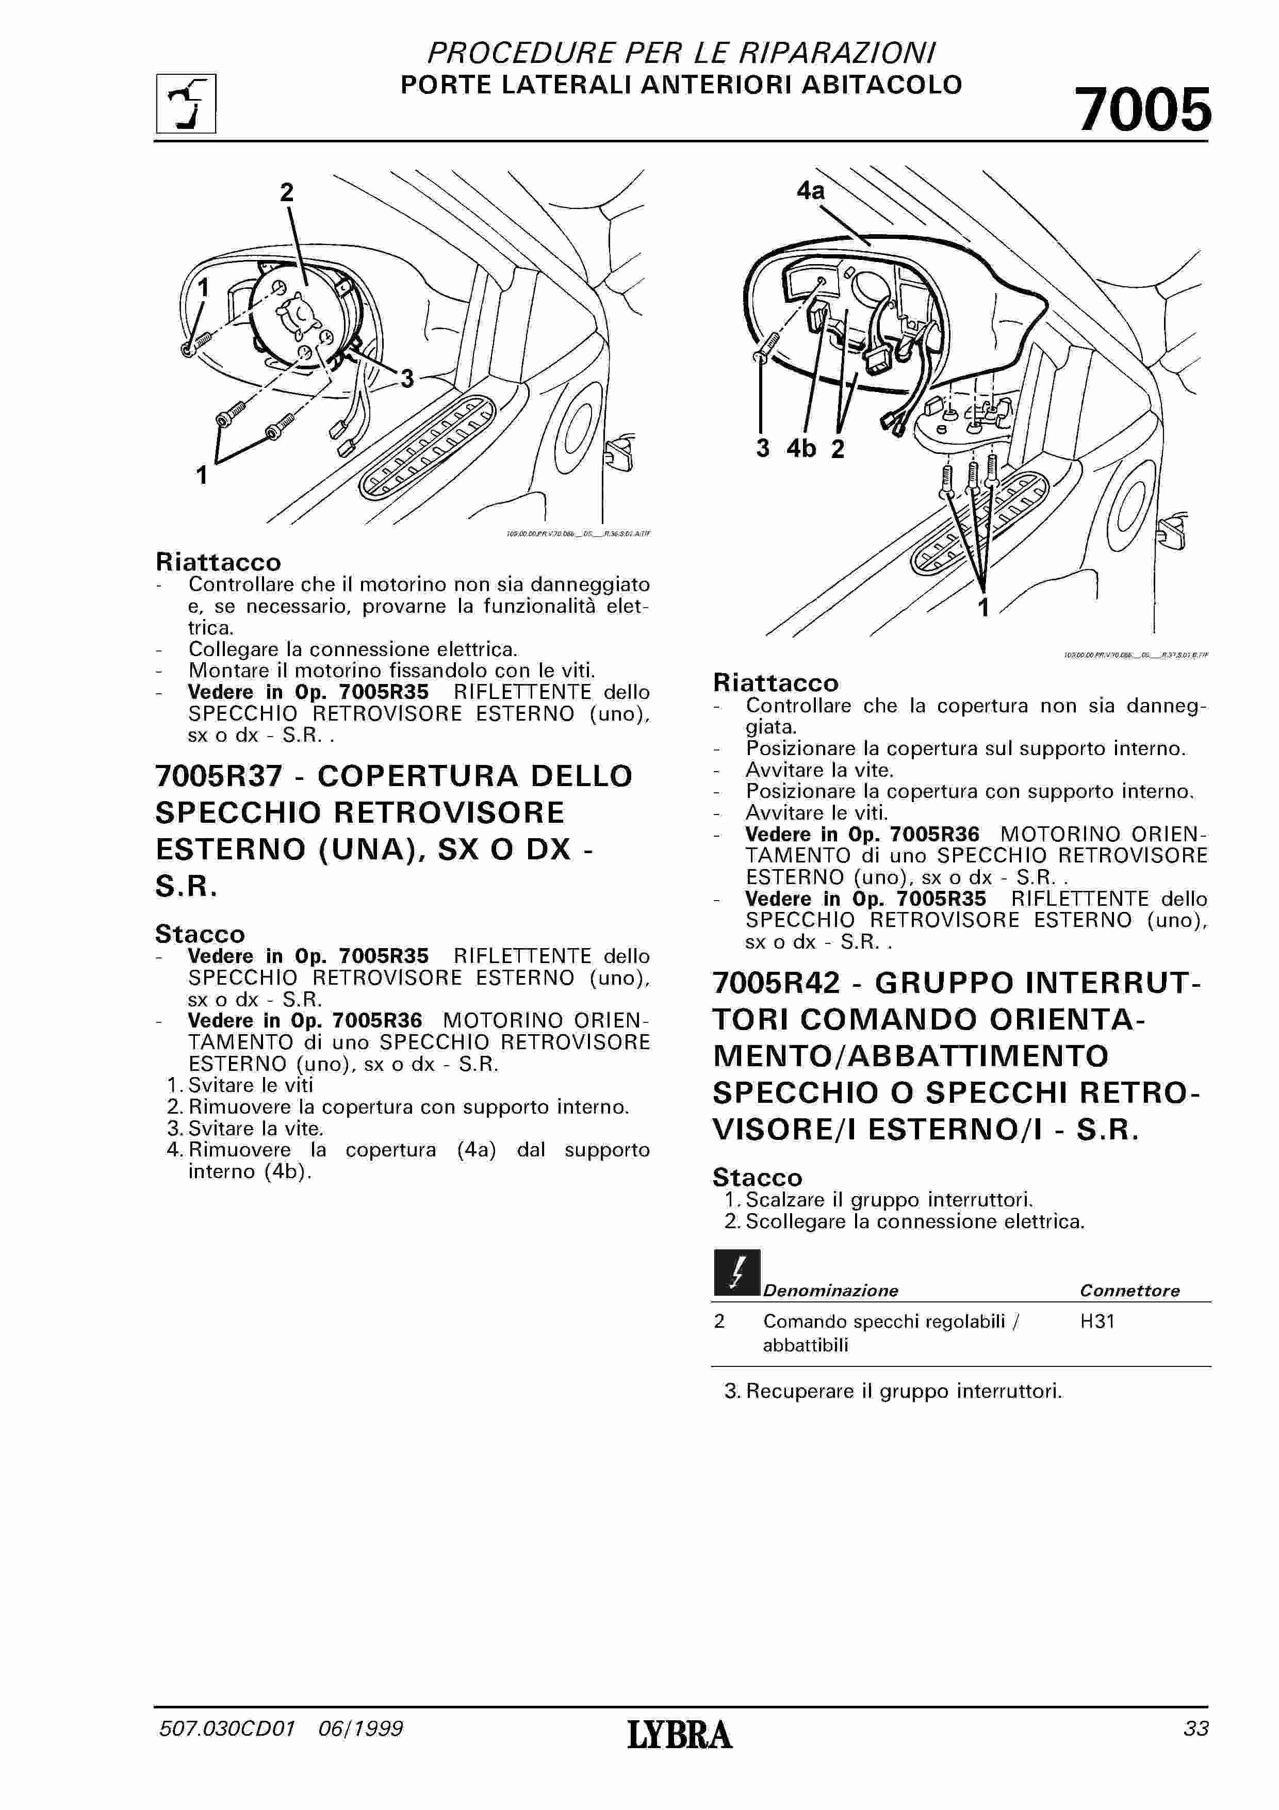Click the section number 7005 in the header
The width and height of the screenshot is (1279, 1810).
tap(1143, 110)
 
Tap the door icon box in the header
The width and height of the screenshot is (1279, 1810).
tap(186, 103)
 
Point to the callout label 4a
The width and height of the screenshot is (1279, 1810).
tap(810, 191)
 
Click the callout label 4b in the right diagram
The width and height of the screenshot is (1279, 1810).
tap(802, 449)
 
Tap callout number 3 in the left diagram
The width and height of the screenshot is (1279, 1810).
tap(406, 379)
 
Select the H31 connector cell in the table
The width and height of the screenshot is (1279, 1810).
tap(1097, 1321)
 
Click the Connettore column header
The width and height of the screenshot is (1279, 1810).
tap(1129, 1291)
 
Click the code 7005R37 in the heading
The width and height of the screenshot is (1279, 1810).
tap(218, 776)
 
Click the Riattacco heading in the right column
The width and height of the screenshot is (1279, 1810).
tap(776, 683)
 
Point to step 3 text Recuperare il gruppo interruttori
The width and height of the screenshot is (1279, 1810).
tap(893, 1391)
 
